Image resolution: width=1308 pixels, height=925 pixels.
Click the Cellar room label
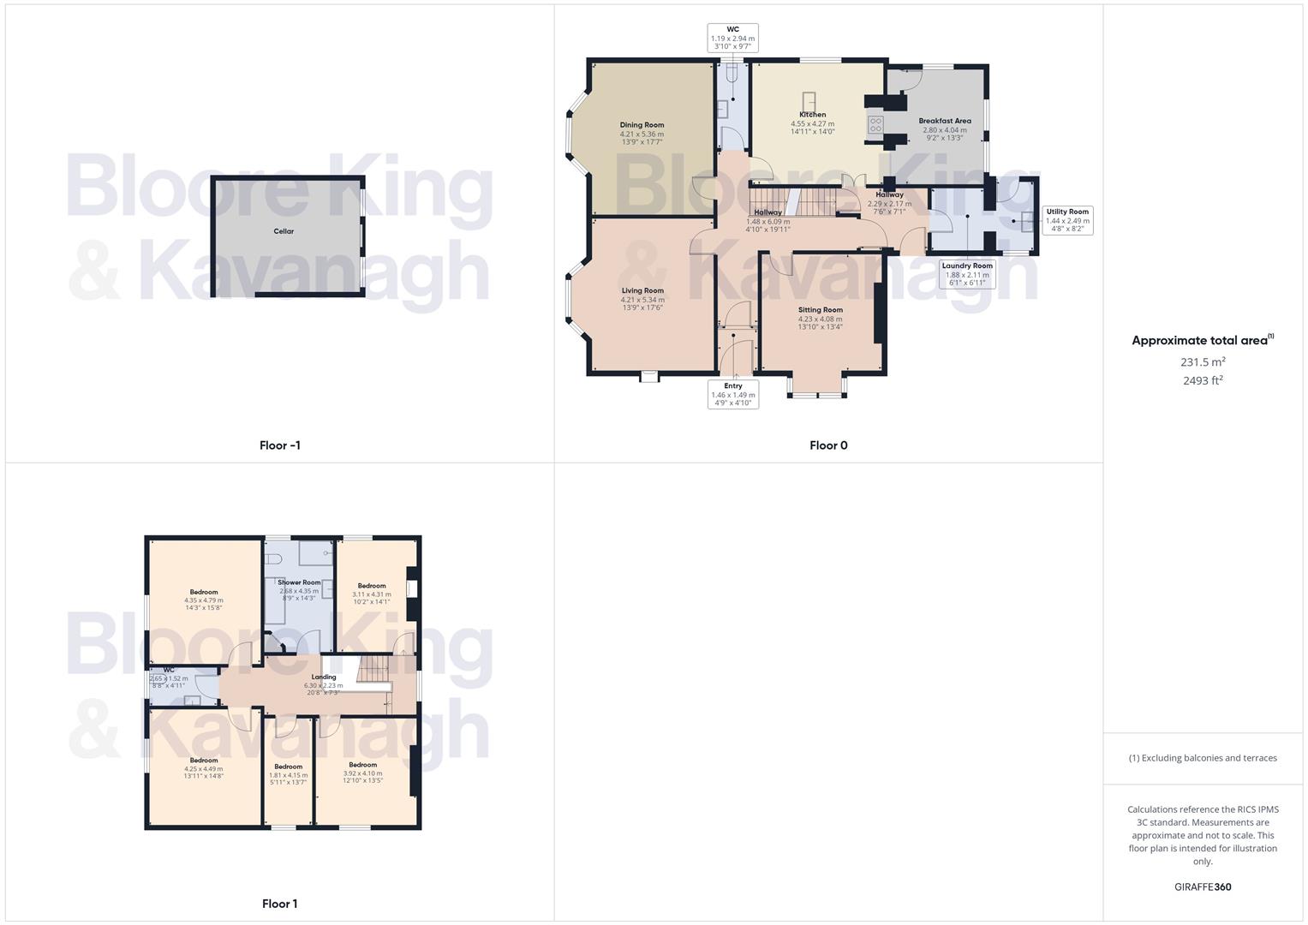tap(284, 231)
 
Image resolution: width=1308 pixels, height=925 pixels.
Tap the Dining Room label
tap(642, 125)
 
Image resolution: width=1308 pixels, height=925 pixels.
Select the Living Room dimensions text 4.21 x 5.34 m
tap(642, 300)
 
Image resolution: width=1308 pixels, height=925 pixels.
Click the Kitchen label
tap(812, 115)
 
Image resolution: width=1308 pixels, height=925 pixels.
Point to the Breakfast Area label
tap(944, 121)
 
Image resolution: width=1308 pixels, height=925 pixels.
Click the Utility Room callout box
tap(1066, 220)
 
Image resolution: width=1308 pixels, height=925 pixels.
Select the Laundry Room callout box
tap(967, 274)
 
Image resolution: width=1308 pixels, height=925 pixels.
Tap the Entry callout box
tap(732, 394)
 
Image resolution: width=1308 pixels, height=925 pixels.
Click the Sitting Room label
tap(820, 310)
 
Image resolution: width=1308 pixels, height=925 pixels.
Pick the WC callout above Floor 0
tap(732, 38)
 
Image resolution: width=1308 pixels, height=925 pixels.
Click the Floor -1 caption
tap(279, 445)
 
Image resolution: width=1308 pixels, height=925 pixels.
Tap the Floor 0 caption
tap(828, 445)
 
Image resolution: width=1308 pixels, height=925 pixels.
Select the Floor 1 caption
tap(279, 904)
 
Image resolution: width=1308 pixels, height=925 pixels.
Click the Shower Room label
tap(299, 582)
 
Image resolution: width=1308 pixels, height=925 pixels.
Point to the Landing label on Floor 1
tap(324, 677)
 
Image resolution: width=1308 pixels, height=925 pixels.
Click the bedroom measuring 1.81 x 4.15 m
tap(288, 771)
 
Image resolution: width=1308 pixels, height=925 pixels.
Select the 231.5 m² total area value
tap(1203, 362)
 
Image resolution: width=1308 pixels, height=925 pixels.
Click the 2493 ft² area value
tap(1203, 381)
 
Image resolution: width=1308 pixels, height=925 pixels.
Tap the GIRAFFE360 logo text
tap(1203, 886)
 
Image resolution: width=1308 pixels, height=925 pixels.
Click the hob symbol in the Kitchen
tap(875, 125)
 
